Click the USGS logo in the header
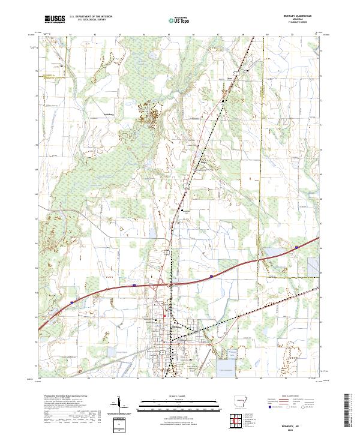54,20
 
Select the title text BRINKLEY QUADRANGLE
302,17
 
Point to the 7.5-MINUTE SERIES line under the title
302,25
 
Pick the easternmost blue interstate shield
296,246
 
